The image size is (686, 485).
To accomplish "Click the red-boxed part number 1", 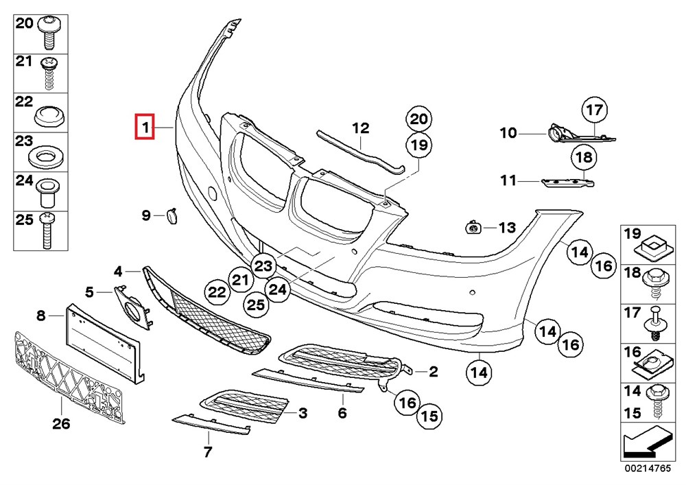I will (x=145, y=127).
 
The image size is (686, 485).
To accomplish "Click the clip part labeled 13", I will (x=473, y=227).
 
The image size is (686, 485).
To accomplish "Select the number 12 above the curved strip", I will (x=361, y=128).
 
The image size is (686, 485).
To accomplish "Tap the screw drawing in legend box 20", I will (x=49, y=32).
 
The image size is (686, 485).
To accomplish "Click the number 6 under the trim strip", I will (x=342, y=413).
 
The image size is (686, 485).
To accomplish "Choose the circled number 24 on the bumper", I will (x=279, y=289).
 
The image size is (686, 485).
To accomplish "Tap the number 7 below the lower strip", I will (x=207, y=451).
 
